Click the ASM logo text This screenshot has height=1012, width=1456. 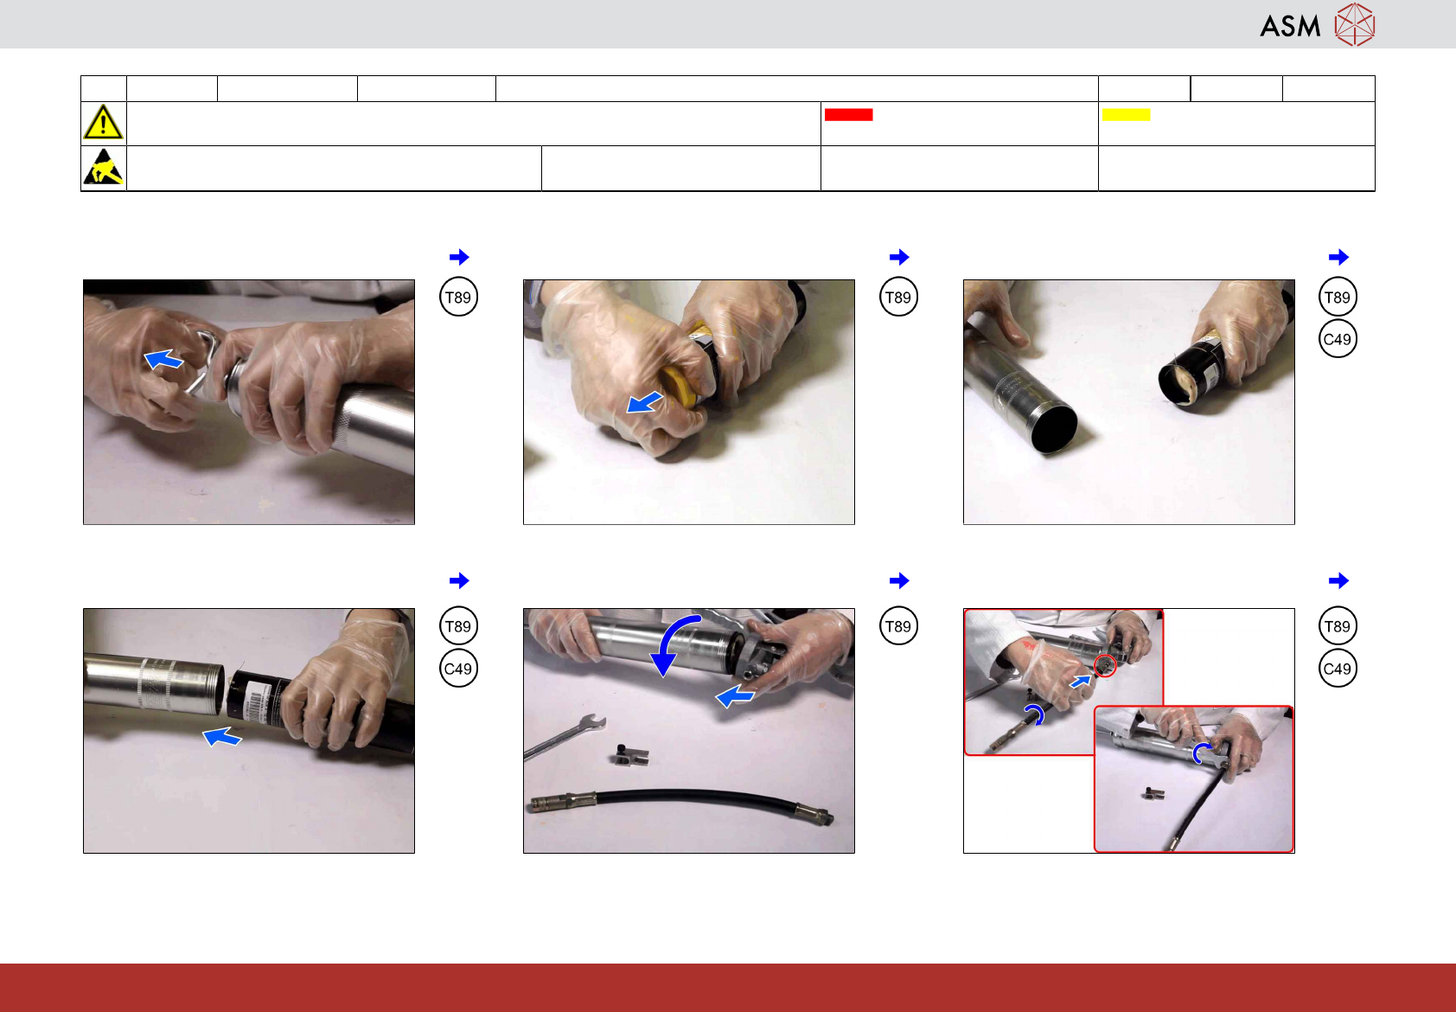(1290, 26)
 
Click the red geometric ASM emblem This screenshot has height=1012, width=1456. (1355, 25)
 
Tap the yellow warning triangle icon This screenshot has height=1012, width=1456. (103, 122)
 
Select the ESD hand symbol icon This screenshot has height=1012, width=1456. (103, 167)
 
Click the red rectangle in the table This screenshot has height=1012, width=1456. (848, 114)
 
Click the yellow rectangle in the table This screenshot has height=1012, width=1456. (1126, 114)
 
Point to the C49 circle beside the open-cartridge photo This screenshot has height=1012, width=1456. (1338, 339)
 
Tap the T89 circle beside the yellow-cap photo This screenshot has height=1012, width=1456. (898, 298)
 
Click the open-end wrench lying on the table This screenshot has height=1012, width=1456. (565, 735)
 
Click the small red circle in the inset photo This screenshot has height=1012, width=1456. (1105, 665)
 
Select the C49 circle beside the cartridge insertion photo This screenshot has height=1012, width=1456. (458, 668)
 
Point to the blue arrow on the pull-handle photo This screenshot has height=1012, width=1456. (163, 358)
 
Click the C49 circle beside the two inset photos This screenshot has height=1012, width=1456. (1338, 668)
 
